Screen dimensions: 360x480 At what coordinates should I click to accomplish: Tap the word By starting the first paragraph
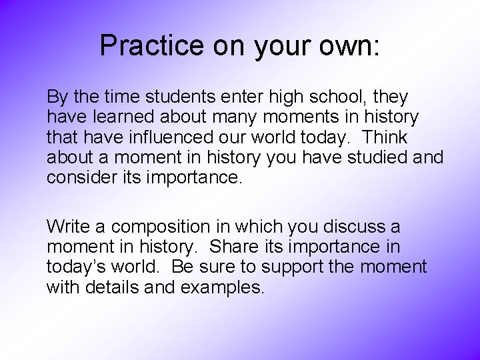(x=57, y=97)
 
